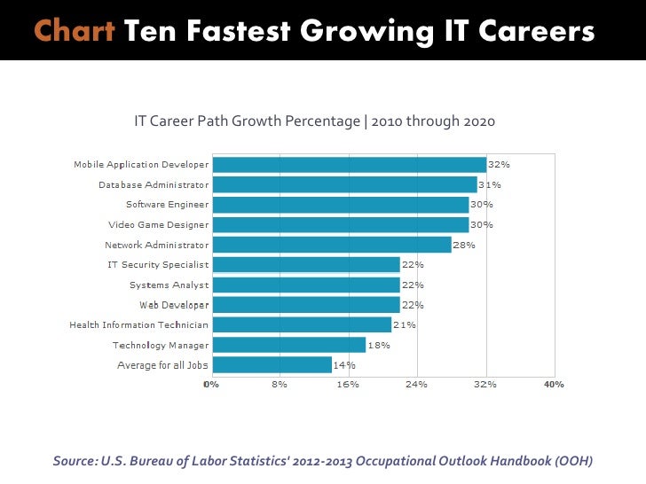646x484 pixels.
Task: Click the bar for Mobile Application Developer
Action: point(350,165)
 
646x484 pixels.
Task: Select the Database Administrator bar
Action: point(345,184)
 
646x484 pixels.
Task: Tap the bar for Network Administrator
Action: point(332,245)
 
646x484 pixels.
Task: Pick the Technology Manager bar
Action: point(289,345)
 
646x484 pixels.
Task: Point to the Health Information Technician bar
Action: point(302,325)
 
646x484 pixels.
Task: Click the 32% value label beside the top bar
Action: point(500,165)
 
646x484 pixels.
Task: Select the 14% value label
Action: point(344,364)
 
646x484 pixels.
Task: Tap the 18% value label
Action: point(379,345)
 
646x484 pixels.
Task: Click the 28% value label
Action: point(464,245)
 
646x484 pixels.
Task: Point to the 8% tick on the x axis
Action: point(280,385)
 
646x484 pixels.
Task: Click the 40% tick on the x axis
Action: point(554,385)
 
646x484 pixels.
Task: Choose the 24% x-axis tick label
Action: point(416,385)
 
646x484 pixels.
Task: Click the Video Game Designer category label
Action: point(159,225)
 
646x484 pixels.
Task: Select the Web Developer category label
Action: point(174,305)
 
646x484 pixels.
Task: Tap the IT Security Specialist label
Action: point(158,265)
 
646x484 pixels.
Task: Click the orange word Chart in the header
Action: point(75,32)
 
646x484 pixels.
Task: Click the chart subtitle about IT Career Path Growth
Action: point(314,121)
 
